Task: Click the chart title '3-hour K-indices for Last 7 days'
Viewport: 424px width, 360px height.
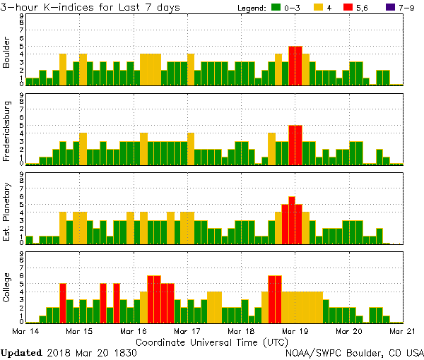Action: click(90, 7)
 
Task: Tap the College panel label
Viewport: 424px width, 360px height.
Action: click(7, 288)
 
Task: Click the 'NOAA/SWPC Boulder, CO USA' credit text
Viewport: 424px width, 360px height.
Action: click(355, 352)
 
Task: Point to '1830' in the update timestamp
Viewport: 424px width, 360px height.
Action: click(125, 352)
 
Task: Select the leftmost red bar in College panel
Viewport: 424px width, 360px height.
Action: click(63, 302)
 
